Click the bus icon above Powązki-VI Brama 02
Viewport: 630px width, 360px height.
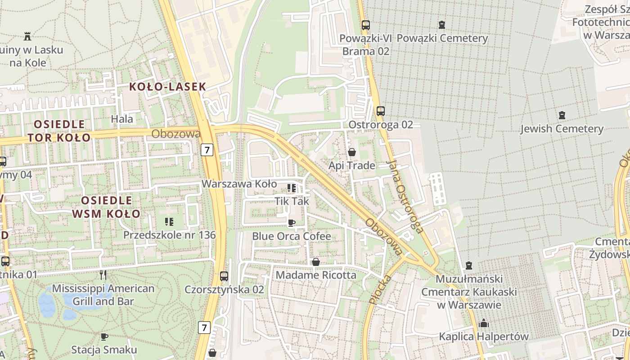[x=366, y=25]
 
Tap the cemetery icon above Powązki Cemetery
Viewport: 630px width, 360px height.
[x=442, y=25]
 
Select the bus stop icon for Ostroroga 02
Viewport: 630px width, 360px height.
[x=381, y=111]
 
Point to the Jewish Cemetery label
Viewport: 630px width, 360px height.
[x=562, y=129]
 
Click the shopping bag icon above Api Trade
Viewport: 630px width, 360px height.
[x=352, y=152]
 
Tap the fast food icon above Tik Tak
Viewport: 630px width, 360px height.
[x=292, y=188]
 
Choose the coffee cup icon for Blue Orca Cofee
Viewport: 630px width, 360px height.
[x=292, y=223]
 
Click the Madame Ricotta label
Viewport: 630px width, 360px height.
[x=316, y=274]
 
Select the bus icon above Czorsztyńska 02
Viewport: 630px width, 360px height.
[x=224, y=276]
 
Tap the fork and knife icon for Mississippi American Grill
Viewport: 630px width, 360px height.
[x=103, y=274]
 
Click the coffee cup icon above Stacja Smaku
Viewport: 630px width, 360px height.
[x=104, y=337]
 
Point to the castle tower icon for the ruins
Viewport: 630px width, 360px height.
[x=28, y=36]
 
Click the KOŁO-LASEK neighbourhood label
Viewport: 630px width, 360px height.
[x=168, y=87]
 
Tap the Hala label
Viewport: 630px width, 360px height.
[x=122, y=119]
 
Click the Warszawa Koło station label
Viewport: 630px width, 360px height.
[x=239, y=184]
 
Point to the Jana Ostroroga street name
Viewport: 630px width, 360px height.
[x=405, y=197]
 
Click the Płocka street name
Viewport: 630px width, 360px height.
[x=378, y=288]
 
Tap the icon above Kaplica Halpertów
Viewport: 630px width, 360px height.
[x=484, y=323]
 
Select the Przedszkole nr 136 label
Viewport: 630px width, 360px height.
[x=169, y=235]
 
